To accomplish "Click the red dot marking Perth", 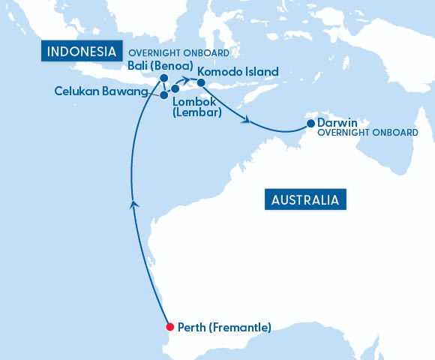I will point(169,327).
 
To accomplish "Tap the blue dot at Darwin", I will point(310,124).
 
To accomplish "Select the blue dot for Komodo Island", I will point(201,82).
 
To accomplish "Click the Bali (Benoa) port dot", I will point(163,76).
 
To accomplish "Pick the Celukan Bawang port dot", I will point(164,95).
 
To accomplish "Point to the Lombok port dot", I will point(175,89).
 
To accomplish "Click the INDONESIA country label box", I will point(81,52).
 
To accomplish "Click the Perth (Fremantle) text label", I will point(224,328).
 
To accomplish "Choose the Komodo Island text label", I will point(238,72).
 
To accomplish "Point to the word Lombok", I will point(194,101).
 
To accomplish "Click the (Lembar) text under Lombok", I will point(196,112).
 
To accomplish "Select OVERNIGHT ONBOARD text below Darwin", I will point(367,133).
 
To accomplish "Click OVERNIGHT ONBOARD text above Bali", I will point(178,53).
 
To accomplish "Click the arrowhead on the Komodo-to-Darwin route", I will point(244,118).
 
